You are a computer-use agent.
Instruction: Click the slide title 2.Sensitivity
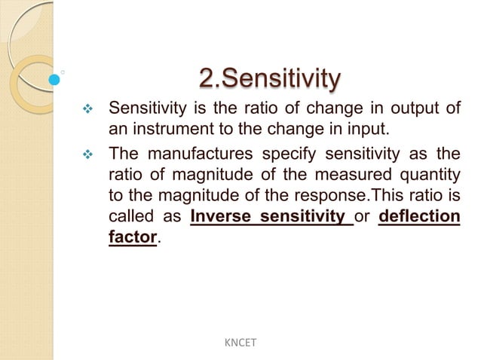269,78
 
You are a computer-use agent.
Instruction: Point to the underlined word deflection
418,218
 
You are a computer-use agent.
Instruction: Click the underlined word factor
133,237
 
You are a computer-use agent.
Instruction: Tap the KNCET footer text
240,343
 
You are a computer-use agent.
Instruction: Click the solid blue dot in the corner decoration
54,78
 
